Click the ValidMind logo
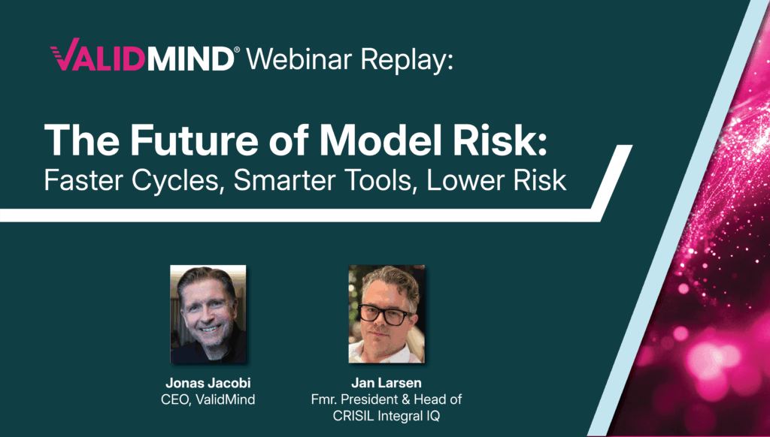pyautogui.click(x=141, y=58)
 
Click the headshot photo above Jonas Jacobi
pyautogui.click(x=208, y=315)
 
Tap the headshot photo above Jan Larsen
pyautogui.click(x=386, y=315)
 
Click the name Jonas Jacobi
pyautogui.click(x=208, y=383)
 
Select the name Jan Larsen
pyautogui.click(x=386, y=383)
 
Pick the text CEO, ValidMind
pyautogui.click(x=208, y=399)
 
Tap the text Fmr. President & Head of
pyautogui.click(x=386, y=399)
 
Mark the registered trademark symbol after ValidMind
pyautogui.click(x=237, y=50)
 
